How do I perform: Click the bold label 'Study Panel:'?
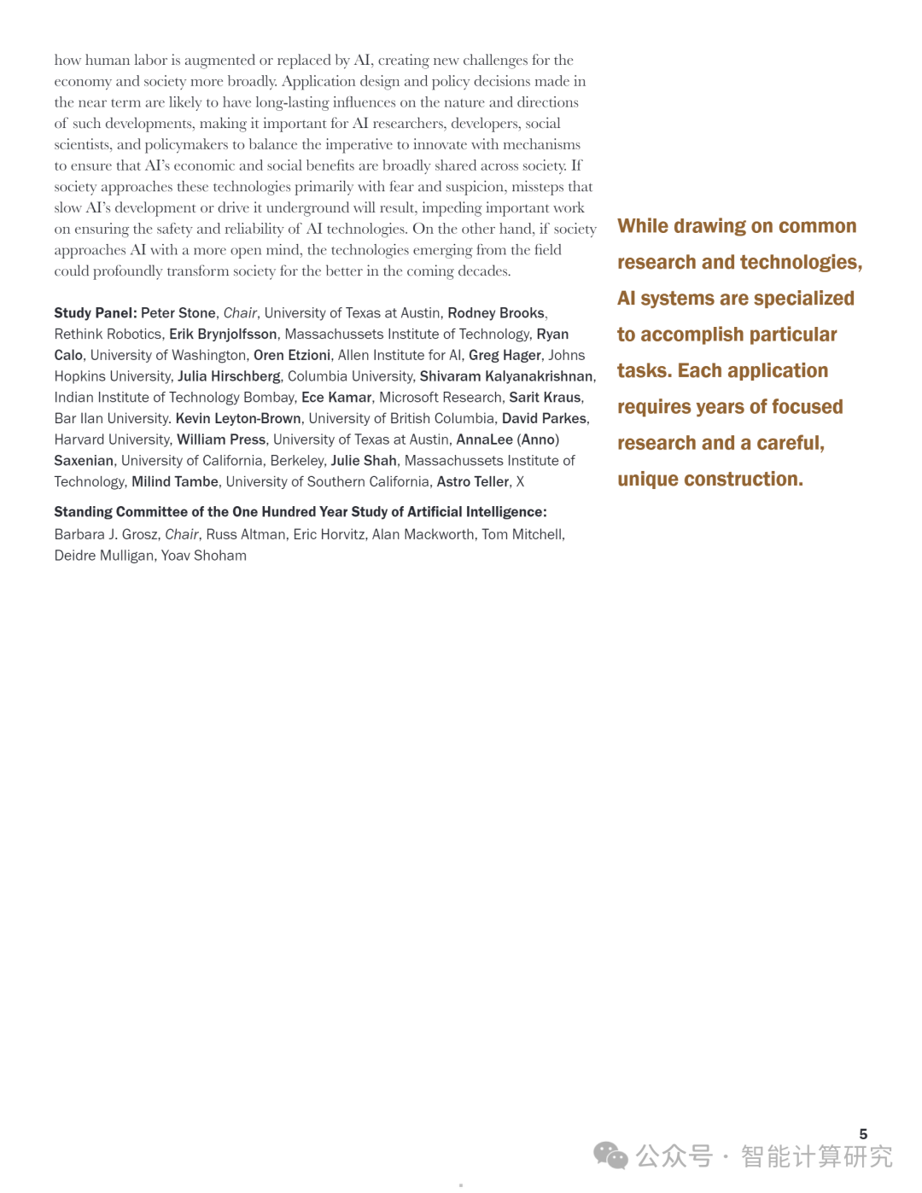[95, 313]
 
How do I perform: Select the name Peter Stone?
[178, 313]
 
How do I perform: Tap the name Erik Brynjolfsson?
[223, 335]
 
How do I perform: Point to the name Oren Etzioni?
[292, 355]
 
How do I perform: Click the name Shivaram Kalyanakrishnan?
[506, 376]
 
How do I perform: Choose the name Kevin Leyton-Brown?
[238, 418]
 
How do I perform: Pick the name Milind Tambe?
[175, 482]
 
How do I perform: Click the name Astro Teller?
[473, 482]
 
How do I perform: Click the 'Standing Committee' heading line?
[301, 512]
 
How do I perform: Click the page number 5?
[863, 1134]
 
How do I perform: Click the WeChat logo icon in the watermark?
[610, 1155]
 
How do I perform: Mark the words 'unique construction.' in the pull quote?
[710, 480]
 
